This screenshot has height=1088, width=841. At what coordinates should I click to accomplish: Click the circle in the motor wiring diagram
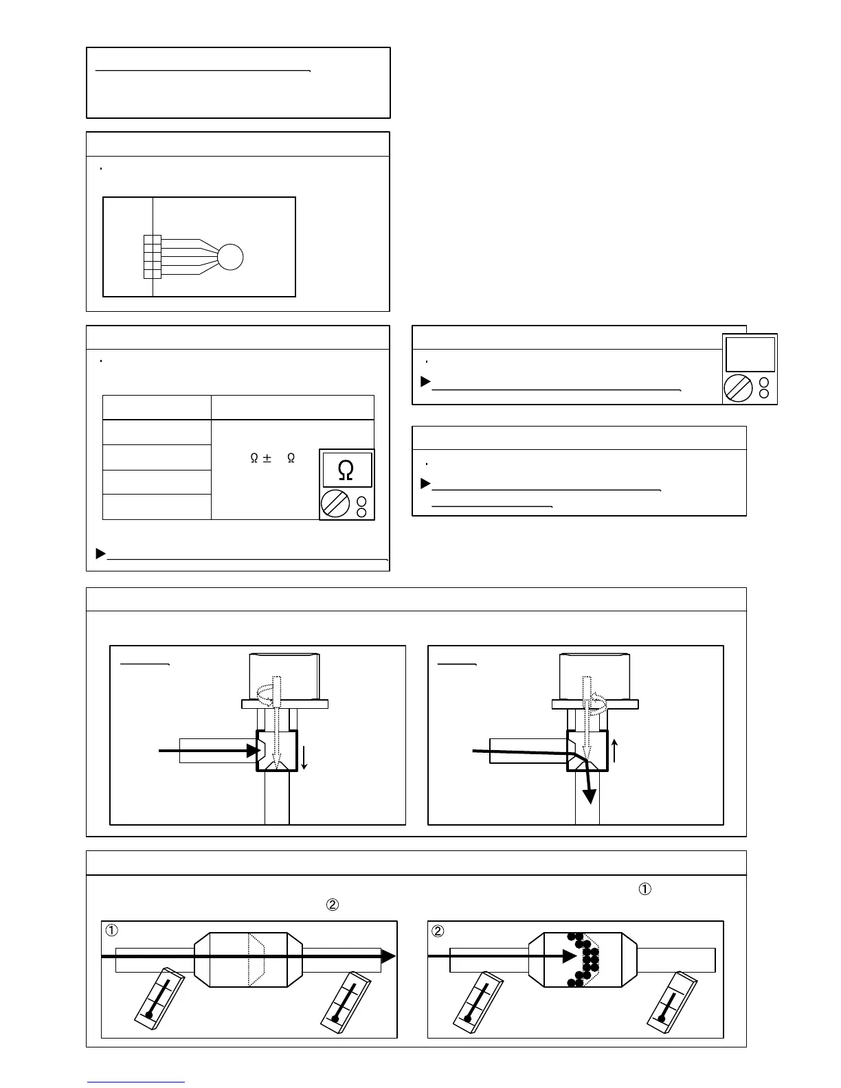[230, 258]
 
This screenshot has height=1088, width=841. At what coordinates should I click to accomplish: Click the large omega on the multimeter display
[347, 470]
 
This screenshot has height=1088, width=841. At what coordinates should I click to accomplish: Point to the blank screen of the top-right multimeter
[750, 354]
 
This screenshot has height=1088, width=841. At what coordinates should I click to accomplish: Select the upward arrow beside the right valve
[615, 751]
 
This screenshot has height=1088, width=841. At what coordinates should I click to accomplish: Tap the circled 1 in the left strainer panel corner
[111, 931]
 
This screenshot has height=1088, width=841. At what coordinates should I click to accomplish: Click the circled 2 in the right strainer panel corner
[438, 931]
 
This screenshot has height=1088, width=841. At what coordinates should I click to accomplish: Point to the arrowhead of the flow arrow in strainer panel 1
[389, 956]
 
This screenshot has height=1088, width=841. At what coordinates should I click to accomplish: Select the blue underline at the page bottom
[136, 1082]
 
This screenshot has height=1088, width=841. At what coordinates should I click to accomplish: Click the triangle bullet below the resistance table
[100, 553]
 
